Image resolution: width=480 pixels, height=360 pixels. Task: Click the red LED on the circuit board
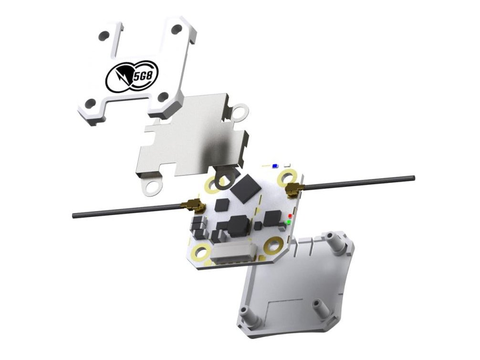click(290, 216)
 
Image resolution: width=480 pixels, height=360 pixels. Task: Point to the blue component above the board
click(274, 166)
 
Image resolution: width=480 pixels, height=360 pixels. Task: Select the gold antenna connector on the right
click(293, 190)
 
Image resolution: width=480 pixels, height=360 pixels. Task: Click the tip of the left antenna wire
click(74, 216)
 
